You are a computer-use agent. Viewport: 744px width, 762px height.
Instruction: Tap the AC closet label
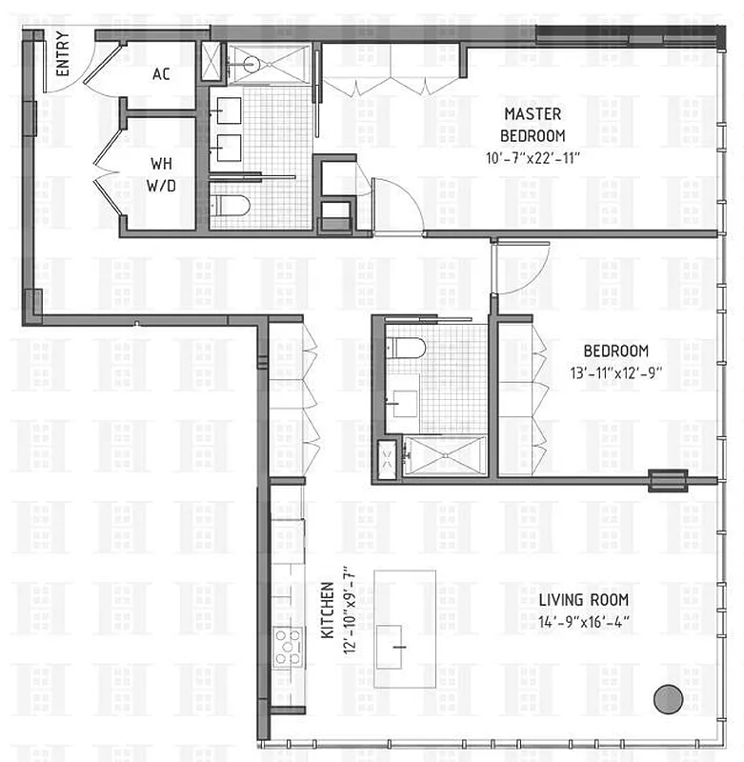160,73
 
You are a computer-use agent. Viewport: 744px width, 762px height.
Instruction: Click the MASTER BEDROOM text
533,124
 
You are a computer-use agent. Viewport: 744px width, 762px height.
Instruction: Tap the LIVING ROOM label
584,600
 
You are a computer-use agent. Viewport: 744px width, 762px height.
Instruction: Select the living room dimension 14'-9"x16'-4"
584,623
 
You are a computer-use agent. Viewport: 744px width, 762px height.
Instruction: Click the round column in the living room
669,698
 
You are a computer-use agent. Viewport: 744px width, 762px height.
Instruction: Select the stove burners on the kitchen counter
286,648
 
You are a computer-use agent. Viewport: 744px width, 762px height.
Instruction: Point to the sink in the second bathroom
404,398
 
